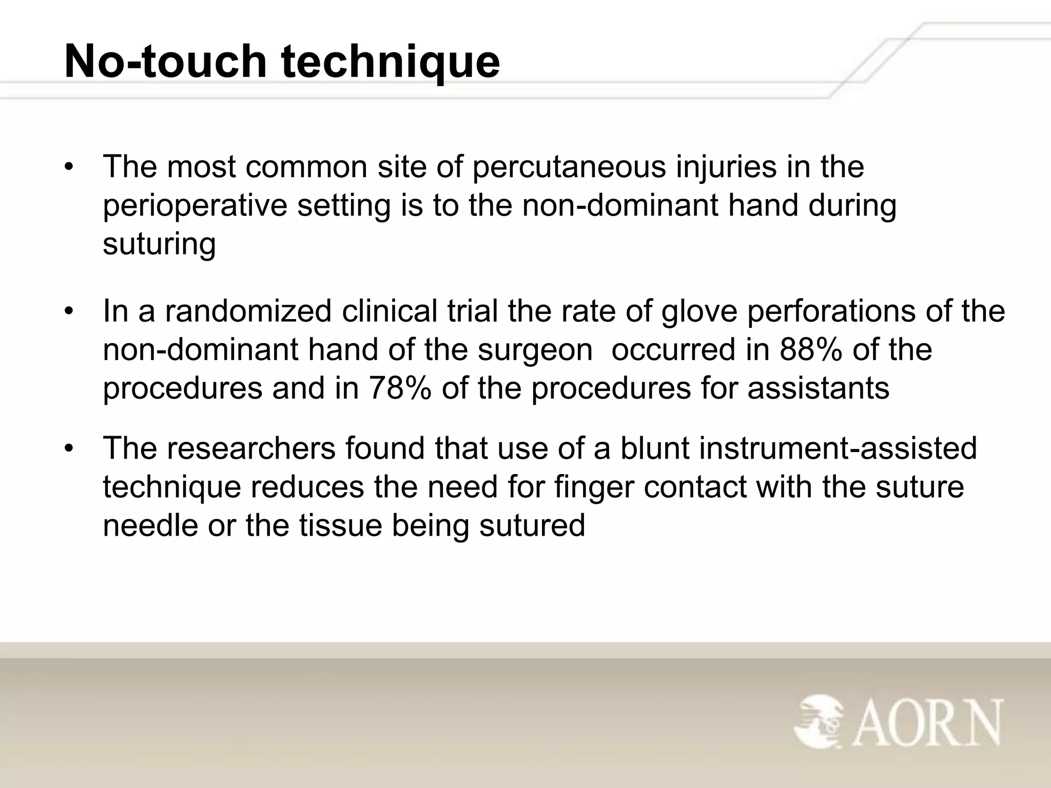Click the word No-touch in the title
click(165, 62)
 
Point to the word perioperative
click(195, 207)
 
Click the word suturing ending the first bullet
click(159, 245)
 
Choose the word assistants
click(818, 388)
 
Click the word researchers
click(250, 448)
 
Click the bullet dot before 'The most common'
click(70, 168)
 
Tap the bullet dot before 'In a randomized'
click(70, 312)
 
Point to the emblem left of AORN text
click(819, 722)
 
